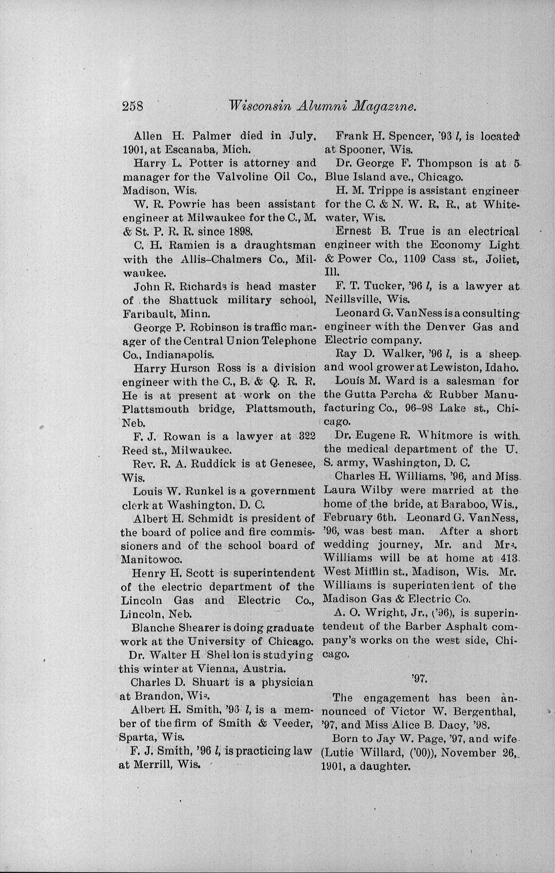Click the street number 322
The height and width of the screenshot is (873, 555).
pos(305,436)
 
